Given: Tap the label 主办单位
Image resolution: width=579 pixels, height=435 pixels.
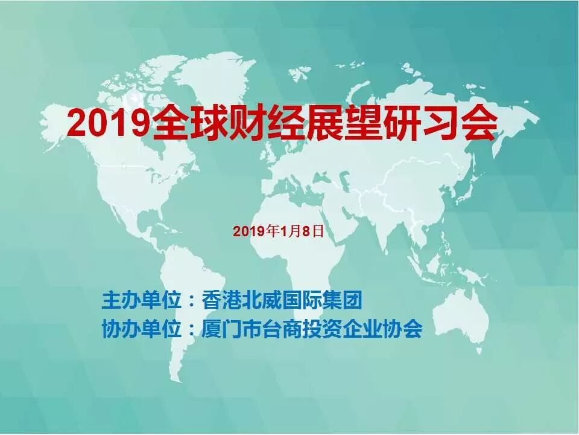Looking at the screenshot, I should point(141,300).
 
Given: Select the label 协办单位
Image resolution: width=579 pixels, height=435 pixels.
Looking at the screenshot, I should point(141,329).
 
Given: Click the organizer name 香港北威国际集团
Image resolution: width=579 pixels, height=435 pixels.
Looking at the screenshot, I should point(283,300).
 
